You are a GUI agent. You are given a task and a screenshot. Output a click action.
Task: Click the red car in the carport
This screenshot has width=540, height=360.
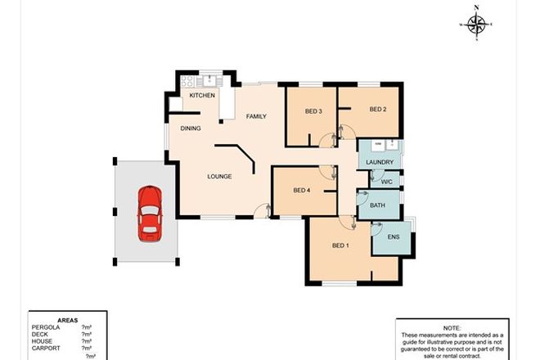[149, 213]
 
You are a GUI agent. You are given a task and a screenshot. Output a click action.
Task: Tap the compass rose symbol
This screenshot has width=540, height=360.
[476, 24]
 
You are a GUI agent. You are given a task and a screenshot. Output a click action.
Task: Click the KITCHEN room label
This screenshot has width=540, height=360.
[202, 96]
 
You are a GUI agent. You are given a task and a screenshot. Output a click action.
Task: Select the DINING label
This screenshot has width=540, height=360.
[191, 128]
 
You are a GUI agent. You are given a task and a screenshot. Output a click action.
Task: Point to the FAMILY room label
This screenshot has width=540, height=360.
[256, 117]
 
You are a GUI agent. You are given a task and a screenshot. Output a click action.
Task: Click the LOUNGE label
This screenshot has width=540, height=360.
[218, 176]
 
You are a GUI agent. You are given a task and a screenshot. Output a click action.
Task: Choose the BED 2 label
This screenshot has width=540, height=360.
[376, 110]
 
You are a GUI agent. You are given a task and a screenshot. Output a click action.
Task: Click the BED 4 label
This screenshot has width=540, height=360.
[302, 190]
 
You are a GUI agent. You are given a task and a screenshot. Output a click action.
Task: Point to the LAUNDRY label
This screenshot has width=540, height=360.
[380, 162]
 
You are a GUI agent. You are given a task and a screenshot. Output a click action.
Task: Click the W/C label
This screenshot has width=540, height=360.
[387, 181]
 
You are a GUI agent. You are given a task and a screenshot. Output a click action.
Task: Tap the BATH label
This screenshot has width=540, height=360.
[378, 205]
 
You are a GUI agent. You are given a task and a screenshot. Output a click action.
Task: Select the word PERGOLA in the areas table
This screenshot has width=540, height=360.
[46, 326]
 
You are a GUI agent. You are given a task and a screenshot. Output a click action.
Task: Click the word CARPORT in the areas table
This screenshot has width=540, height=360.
[46, 347]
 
